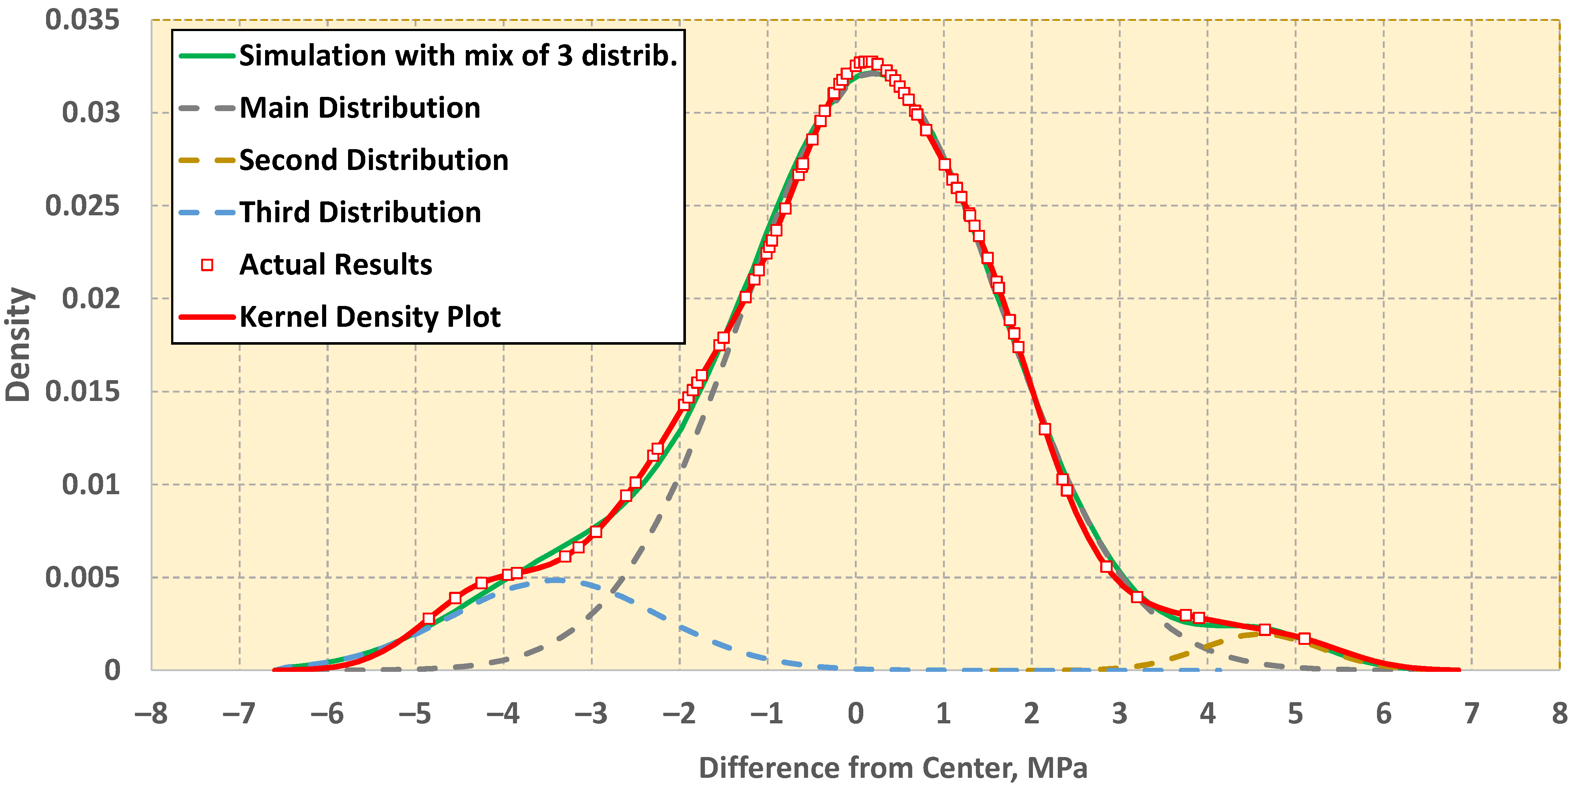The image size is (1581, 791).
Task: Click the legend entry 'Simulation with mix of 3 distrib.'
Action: click(x=458, y=56)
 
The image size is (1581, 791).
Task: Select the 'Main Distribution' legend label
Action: click(x=360, y=108)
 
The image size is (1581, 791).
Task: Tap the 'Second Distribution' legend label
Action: click(x=374, y=160)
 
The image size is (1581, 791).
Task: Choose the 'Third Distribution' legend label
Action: click(x=360, y=212)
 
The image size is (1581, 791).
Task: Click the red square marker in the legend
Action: click(x=207, y=265)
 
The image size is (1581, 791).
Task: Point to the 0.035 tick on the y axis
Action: click(x=82, y=20)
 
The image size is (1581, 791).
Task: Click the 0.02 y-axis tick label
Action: click(x=91, y=299)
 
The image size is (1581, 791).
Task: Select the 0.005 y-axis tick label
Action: click(x=82, y=578)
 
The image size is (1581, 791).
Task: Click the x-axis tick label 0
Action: click(x=856, y=714)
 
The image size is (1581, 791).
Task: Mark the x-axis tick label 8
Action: click(x=1559, y=714)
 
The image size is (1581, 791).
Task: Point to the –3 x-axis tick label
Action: click(x=591, y=714)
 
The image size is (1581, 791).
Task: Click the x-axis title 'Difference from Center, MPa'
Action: click(x=893, y=768)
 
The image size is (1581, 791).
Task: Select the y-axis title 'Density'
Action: click(x=18, y=344)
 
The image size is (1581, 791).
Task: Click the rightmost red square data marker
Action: click(x=1304, y=639)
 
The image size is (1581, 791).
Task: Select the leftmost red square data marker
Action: click(x=429, y=618)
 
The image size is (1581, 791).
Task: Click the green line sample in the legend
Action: click(x=207, y=56)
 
